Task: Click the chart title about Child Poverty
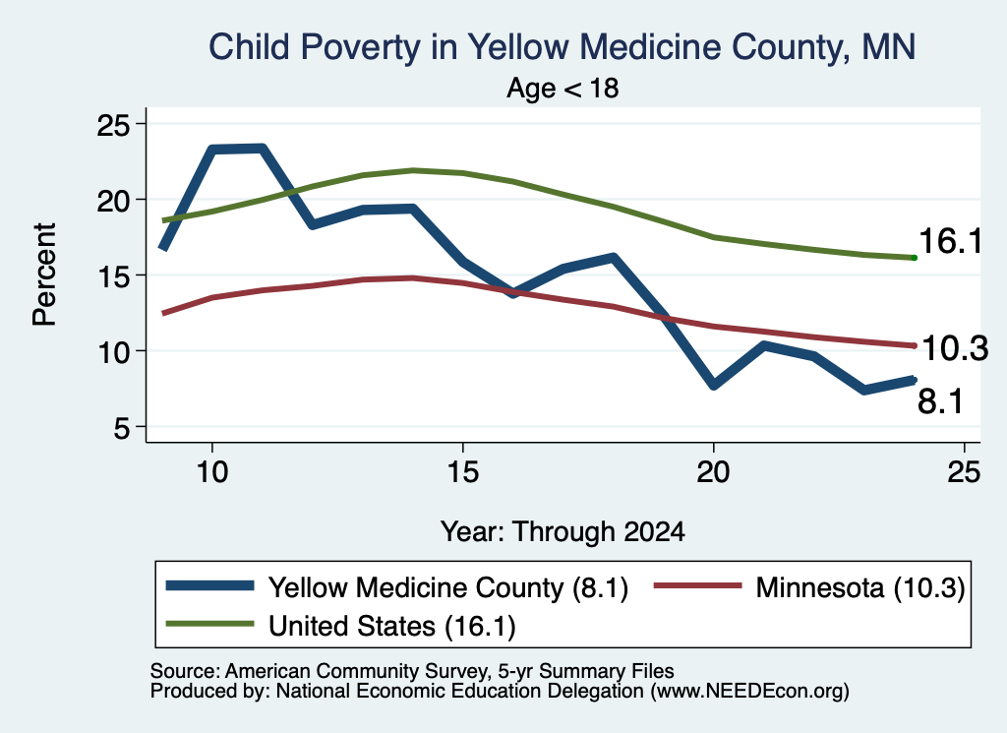562,47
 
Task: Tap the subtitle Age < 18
563,88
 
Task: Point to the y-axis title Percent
44,275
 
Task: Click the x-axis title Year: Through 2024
563,532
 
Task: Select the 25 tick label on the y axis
113,125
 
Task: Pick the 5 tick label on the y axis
121,428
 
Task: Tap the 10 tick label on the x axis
212,472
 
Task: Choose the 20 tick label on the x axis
714,472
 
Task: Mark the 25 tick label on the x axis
964,472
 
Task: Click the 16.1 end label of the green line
951,242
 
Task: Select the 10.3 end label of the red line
955,349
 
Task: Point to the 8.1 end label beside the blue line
940,402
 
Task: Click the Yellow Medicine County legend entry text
448,587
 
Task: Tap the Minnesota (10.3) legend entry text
860,587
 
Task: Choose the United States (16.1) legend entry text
391,627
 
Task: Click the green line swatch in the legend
210,624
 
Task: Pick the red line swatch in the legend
697,585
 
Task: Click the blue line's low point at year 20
714,385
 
